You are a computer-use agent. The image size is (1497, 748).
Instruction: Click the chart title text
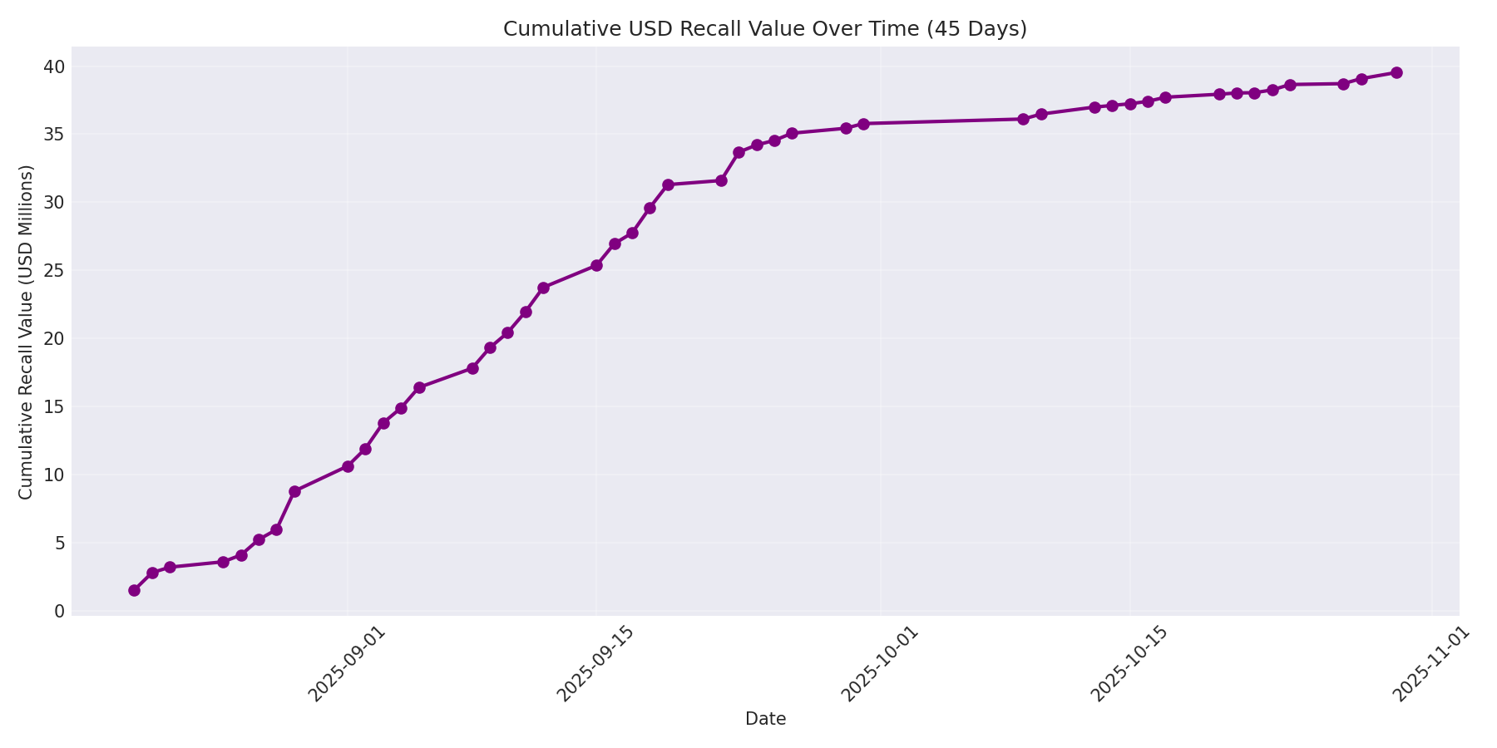point(764,29)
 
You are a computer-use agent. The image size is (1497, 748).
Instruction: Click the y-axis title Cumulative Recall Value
point(26,332)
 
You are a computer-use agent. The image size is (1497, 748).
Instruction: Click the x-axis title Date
point(765,719)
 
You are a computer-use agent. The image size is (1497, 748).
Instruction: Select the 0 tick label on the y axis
point(59,612)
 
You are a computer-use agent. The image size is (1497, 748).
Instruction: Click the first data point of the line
point(134,590)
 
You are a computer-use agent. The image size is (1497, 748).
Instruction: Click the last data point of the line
point(1396,72)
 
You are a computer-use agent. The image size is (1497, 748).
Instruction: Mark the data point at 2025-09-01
point(348,466)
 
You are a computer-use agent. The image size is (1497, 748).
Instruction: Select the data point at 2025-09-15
point(596,265)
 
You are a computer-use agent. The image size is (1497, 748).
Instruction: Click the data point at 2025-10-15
point(1130,104)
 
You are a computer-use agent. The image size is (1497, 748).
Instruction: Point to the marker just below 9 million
point(294,491)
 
